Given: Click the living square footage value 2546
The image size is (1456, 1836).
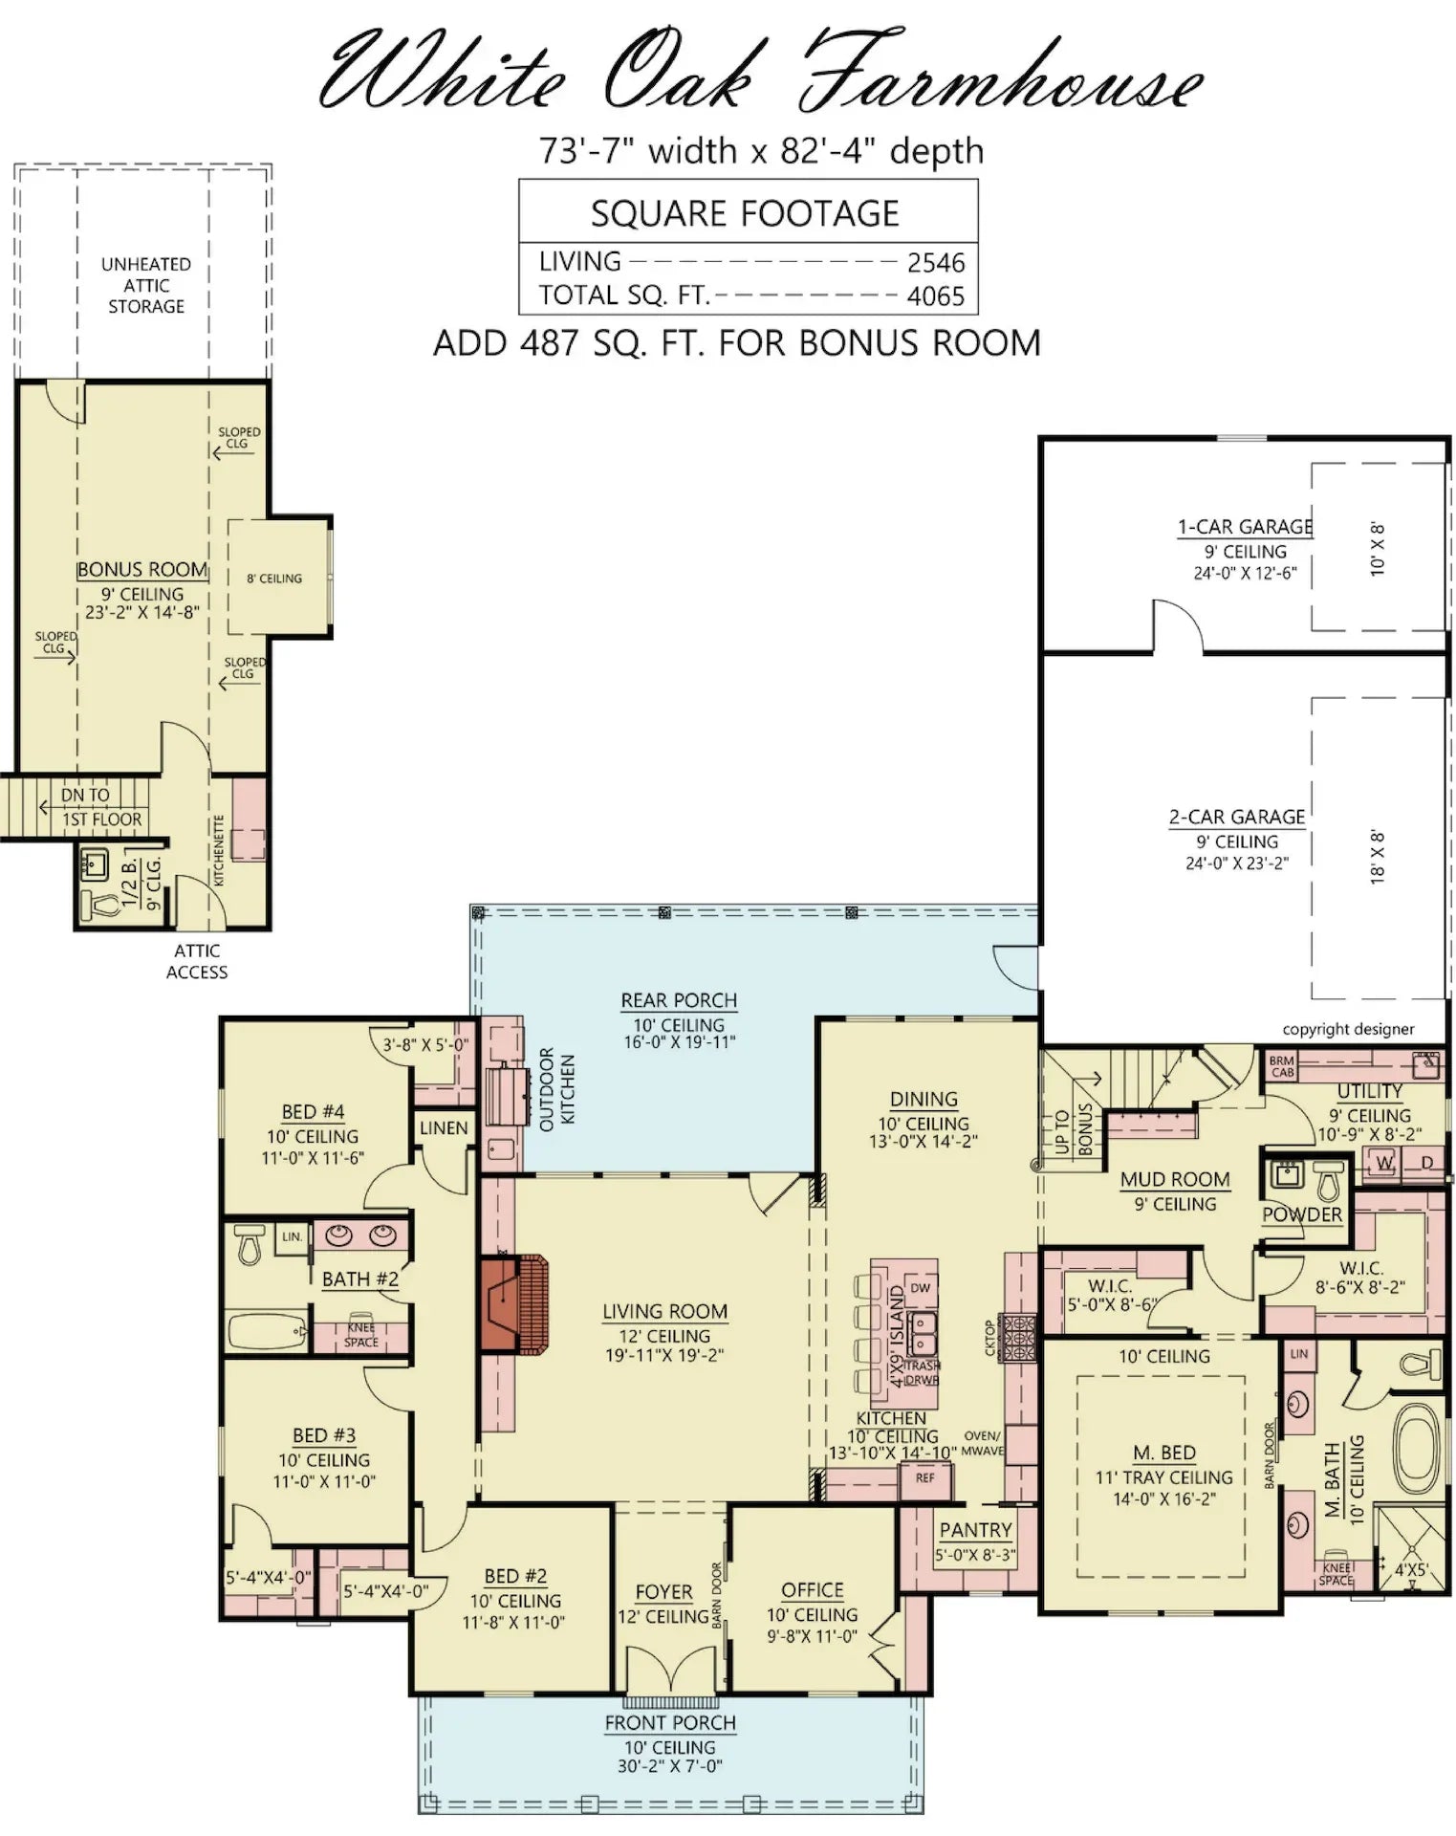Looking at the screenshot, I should coord(935,263).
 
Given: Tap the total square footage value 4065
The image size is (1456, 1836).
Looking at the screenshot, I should coord(935,296).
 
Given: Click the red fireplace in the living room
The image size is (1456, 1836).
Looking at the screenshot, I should coord(514,1305).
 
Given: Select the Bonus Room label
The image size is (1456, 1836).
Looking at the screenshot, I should coord(142,570).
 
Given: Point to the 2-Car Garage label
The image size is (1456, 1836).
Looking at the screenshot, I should coord(1236,818).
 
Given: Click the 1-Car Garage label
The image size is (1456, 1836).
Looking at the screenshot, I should coord(1245,527).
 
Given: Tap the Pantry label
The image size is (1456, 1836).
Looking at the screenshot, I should coord(974,1530).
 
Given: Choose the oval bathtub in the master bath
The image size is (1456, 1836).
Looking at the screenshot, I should coord(1418,1443).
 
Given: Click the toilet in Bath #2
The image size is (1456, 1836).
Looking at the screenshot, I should coord(249,1244).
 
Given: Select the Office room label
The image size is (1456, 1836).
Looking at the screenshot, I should coord(812,1590).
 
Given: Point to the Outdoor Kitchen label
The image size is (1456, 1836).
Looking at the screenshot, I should coord(556,1089).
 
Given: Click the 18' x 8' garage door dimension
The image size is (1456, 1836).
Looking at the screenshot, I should coord(1378,857).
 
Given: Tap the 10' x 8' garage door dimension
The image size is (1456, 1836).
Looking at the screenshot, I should coord(1378,548).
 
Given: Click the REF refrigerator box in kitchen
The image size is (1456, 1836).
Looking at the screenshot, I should coord(924,1478).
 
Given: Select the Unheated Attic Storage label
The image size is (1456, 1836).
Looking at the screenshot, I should coord(145,285).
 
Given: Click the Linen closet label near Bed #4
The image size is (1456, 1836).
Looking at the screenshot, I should coord(444,1128).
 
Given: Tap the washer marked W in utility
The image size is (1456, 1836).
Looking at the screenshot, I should coord(1383,1163).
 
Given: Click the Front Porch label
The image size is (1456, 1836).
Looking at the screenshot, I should coord(669,1723).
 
